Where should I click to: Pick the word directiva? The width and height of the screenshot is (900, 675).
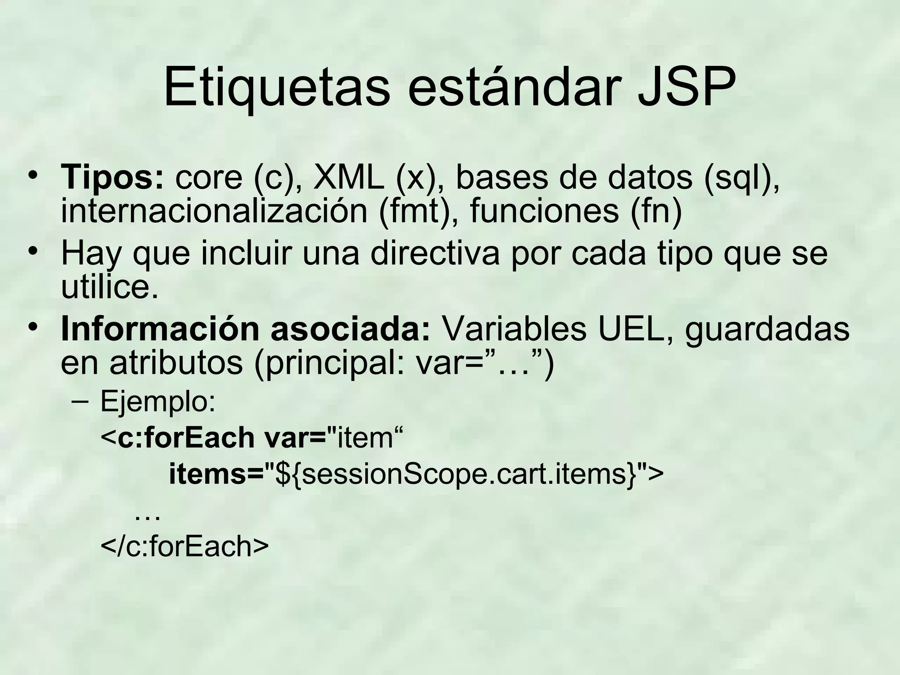pos(435,254)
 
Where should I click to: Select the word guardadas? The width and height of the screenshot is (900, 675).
pos(767,330)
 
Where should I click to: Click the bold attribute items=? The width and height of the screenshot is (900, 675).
pos(216,474)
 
